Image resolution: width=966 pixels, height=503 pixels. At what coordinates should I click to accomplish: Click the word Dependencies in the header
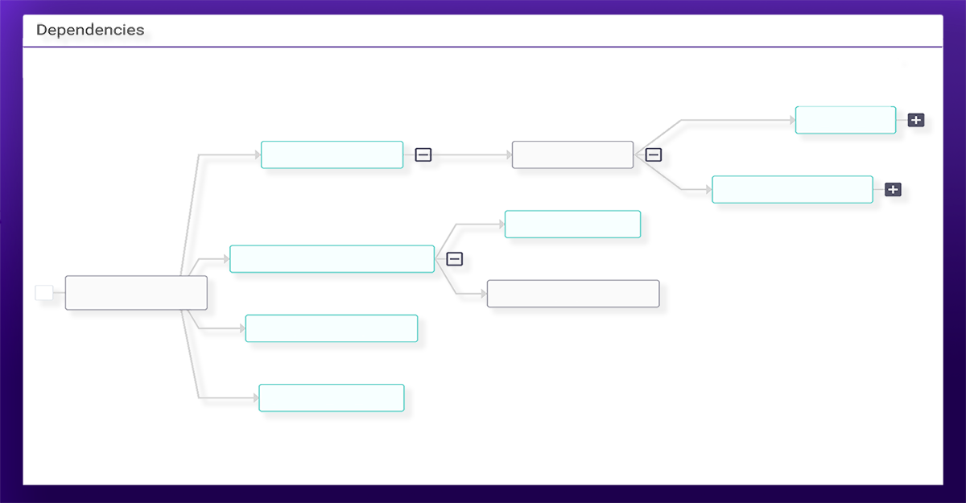pyautogui.click(x=90, y=30)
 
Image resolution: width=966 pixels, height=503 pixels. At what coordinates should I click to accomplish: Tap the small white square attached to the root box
pyautogui.click(x=44, y=293)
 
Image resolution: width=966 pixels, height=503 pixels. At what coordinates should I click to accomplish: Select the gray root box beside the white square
pyautogui.click(x=136, y=293)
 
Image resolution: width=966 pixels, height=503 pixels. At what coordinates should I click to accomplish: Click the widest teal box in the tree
pyautogui.click(x=332, y=259)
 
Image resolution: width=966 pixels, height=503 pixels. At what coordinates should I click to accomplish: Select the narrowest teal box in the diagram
pyautogui.click(x=846, y=120)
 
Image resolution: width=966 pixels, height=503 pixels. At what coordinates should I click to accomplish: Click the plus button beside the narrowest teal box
pyautogui.click(x=916, y=120)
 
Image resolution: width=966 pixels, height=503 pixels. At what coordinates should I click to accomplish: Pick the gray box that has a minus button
pyautogui.click(x=572, y=155)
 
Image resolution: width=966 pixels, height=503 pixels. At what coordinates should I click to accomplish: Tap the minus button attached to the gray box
pyautogui.click(x=654, y=155)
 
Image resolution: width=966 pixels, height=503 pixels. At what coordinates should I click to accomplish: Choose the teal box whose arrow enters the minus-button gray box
pyautogui.click(x=332, y=155)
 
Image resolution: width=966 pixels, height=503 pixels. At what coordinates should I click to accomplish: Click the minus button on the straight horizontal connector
pyautogui.click(x=423, y=155)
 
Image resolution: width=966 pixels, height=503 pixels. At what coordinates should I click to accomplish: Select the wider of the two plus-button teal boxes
pyautogui.click(x=793, y=189)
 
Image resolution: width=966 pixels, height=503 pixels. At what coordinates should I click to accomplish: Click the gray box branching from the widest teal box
pyautogui.click(x=573, y=294)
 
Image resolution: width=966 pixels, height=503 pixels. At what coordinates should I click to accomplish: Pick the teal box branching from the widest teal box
pyautogui.click(x=572, y=224)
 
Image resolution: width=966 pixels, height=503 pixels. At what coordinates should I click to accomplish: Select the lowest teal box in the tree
pyautogui.click(x=332, y=398)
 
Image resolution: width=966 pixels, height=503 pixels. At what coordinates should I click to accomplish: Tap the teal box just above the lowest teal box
pyautogui.click(x=332, y=328)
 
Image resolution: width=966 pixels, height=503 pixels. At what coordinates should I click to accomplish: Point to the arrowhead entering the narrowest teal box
pyautogui.click(x=793, y=120)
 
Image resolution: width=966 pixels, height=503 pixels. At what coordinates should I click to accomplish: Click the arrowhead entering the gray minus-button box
pyautogui.click(x=510, y=155)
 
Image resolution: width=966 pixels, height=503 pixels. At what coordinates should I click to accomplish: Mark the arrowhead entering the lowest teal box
pyautogui.click(x=256, y=398)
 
